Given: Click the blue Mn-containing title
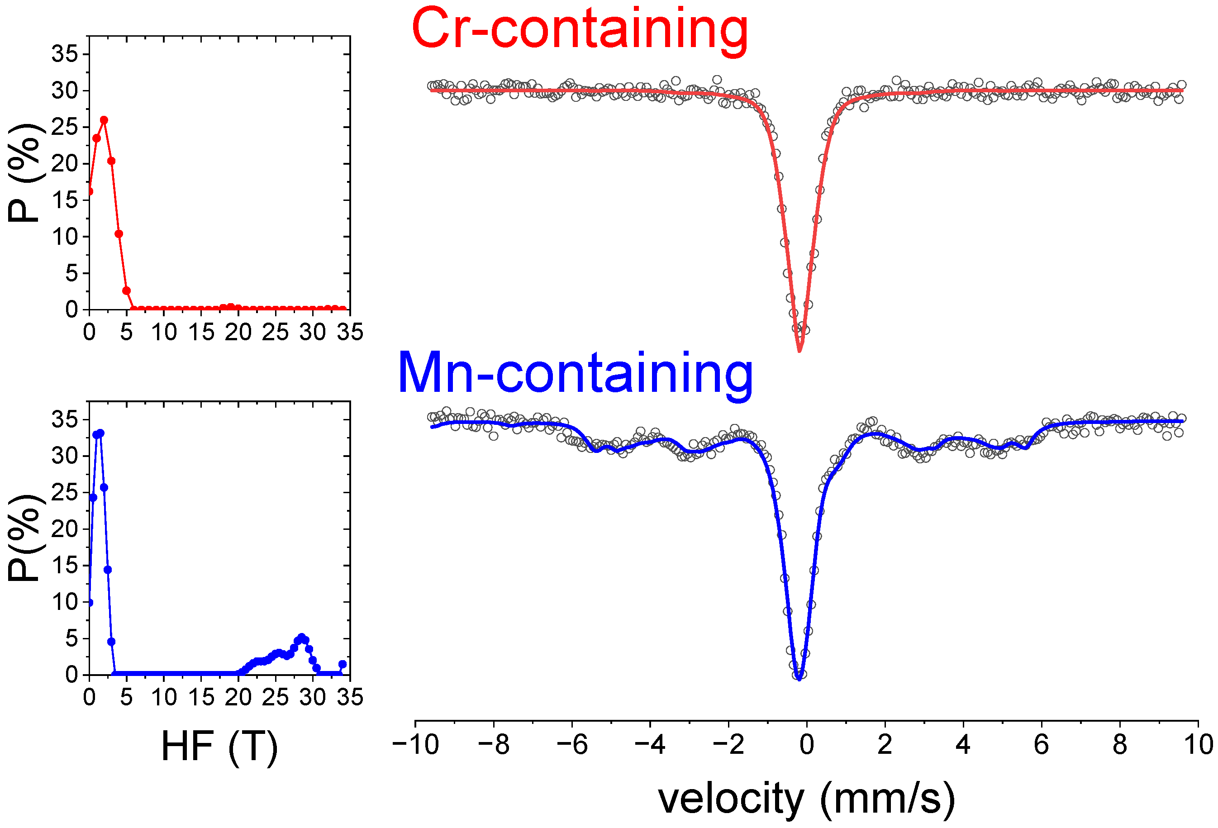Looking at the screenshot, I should click(x=575, y=373).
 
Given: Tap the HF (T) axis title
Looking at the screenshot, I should click(x=219, y=746).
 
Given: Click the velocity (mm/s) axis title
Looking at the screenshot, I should click(x=807, y=798).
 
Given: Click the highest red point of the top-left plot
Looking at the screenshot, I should click(x=104, y=120).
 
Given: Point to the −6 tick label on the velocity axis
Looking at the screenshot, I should click(x=572, y=744).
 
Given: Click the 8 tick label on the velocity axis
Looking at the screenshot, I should click(x=1119, y=744).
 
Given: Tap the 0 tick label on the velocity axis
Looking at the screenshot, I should click(x=807, y=744).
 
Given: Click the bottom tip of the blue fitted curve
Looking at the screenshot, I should click(x=799, y=679).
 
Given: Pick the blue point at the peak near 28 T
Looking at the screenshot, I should click(x=301, y=637).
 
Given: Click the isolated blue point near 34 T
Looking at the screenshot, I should click(x=342, y=664).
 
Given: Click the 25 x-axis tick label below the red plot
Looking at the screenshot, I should click(x=275, y=332).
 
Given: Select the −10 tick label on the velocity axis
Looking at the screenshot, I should click(x=416, y=744).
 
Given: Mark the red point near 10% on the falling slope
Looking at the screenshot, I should click(x=119, y=234).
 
